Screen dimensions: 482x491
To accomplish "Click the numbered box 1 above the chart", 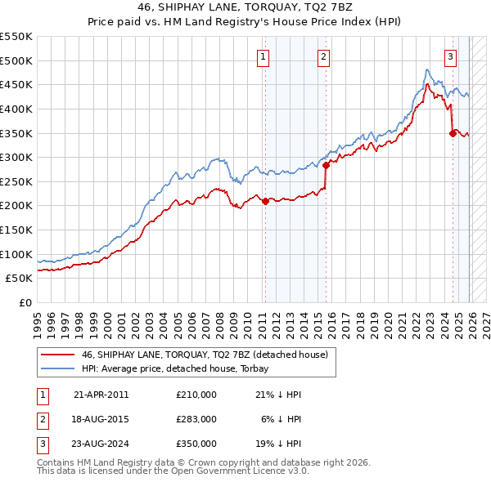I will (264, 56).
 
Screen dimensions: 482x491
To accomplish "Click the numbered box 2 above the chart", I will (324, 56).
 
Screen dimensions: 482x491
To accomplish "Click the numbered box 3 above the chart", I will (451, 56).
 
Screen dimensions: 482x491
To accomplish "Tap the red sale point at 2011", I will (265, 201).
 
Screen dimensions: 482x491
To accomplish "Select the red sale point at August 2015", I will (326, 165).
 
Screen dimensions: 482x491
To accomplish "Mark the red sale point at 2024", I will (453, 133).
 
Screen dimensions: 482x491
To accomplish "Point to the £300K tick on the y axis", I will (17, 157).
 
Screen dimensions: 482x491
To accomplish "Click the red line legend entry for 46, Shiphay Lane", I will (205, 355).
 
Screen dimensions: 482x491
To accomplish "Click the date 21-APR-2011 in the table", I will (101, 395).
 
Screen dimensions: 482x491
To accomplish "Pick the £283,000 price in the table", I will (196, 419).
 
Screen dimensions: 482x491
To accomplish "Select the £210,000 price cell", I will (196, 395).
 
